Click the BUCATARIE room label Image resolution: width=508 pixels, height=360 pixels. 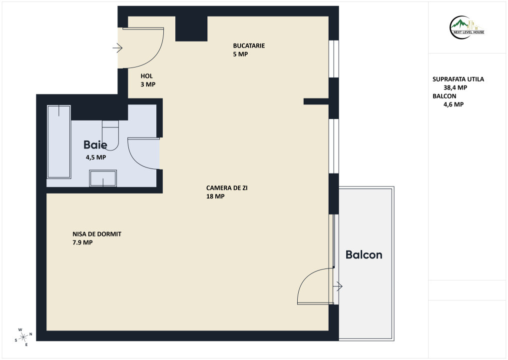[249, 45]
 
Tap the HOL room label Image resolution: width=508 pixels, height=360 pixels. [146, 76]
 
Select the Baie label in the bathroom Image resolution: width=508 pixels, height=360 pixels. [95, 144]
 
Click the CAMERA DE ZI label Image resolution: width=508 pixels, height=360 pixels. [227, 188]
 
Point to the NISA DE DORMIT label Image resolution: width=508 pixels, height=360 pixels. [97, 234]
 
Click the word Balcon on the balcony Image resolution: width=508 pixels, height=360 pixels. [364, 254]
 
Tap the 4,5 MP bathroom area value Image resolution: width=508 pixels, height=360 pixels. [95, 157]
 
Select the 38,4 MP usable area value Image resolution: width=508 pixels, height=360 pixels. [455, 87]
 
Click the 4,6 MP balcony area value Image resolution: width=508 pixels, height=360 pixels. [453, 104]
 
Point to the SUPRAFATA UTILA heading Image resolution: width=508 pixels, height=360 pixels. [458, 79]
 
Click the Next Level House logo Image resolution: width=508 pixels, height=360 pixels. [467, 27]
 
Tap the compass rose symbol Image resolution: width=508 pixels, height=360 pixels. [23, 337]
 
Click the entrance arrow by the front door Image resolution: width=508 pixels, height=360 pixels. [117, 48]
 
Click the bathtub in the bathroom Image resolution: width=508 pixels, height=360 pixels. [59, 141]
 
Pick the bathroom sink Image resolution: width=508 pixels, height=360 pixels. [103, 178]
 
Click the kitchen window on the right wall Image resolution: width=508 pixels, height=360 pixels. [334, 58]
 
